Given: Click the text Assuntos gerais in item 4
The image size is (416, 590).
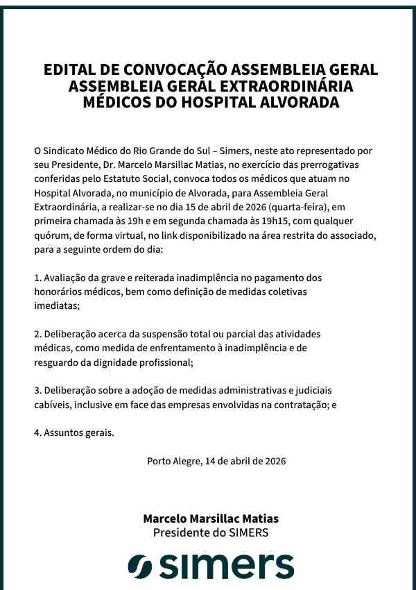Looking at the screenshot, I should (78, 432).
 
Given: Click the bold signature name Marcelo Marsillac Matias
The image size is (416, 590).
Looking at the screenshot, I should (211, 519).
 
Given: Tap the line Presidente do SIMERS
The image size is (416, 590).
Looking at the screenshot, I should (211, 533).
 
